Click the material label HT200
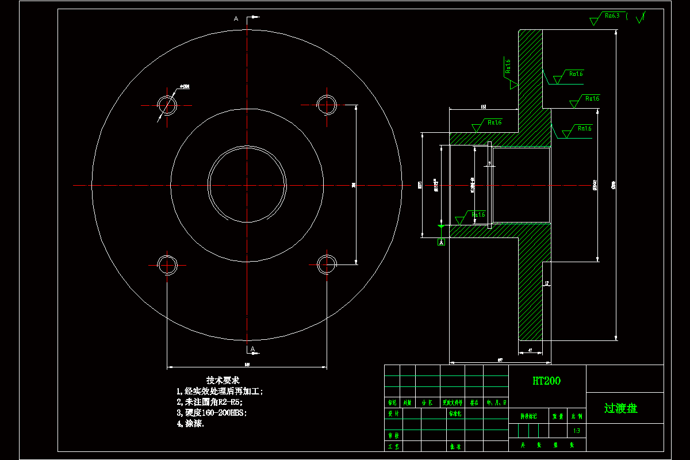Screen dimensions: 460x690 pos(546,381)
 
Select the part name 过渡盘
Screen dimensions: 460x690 pos(620,409)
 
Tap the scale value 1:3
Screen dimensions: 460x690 pos(576,431)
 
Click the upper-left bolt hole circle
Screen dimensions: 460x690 pos(168,105)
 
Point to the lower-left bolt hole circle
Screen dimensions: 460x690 pos(168,264)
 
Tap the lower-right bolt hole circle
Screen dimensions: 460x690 pos(326,264)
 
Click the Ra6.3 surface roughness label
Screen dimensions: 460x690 pos(612,16)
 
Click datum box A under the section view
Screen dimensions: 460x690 pos(441,242)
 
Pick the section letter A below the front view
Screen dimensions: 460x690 pos(252,350)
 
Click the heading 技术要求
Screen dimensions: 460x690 pos(223,380)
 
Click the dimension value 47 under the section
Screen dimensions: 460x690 pos(529,350)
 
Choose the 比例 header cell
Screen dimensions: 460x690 pos(576,416)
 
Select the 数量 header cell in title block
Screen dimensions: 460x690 pos(557,416)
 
